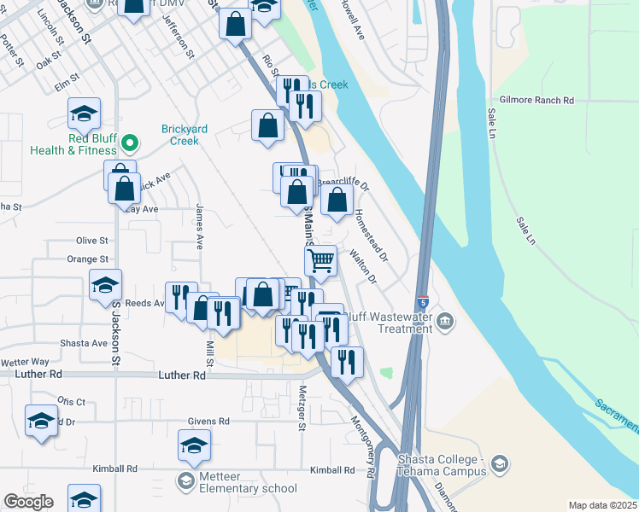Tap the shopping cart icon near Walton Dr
click(320, 260)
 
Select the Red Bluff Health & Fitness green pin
click(130, 142)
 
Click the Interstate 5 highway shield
click(424, 302)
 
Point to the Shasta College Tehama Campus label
click(442, 465)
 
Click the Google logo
click(28, 502)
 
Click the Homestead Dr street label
click(371, 235)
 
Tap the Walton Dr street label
click(362, 265)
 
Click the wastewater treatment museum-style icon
click(445, 321)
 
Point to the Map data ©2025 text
click(601, 505)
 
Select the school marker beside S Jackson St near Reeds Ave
click(105, 285)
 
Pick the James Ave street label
click(199, 226)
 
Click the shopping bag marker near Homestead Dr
click(337, 201)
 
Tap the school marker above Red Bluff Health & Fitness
click(85, 113)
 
